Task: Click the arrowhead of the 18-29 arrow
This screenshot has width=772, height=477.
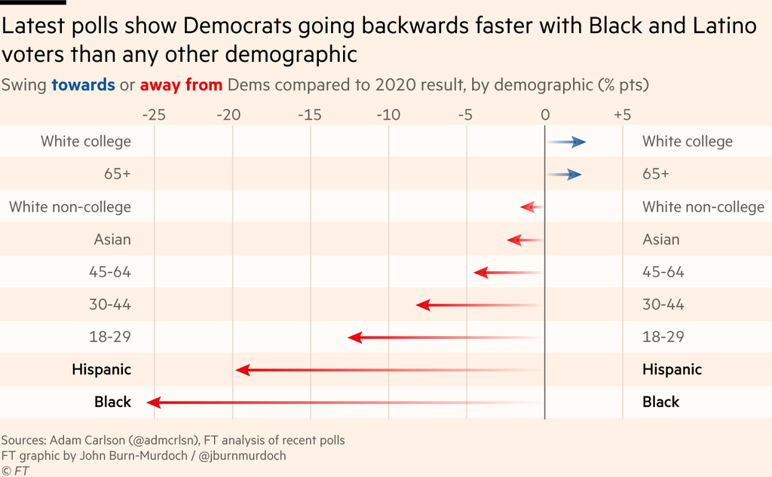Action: pyautogui.click(x=355, y=338)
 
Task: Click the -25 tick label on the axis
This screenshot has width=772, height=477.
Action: pyautogui.click(x=154, y=115)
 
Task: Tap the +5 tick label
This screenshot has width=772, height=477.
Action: pyautogui.click(x=622, y=115)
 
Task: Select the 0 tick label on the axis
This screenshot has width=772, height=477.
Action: pyautogui.click(x=544, y=115)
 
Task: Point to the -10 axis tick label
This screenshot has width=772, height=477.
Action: pyautogui.click(x=388, y=115)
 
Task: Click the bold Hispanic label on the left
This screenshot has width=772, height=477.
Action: pyautogui.click(x=101, y=369)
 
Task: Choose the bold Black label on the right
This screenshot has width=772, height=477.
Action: pyautogui.click(x=660, y=402)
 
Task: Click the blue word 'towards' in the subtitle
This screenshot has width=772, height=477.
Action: pyautogui.click(x=83, y=84)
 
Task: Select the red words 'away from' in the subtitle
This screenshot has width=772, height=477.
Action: pyautogui.click(x=181, y=84)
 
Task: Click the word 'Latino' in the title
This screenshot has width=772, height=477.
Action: pyautogui.click(x=719, y=27)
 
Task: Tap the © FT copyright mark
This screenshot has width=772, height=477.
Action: pyautogui.click(x=14, y=471)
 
